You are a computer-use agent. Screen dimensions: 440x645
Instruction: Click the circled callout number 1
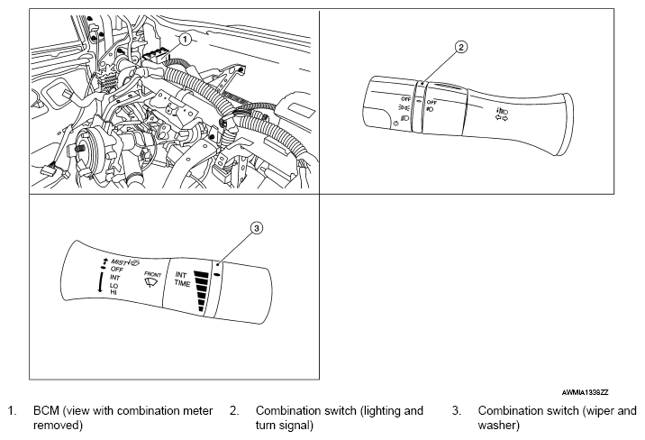click(x=184, y=40)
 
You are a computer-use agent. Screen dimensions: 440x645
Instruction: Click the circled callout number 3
click(x=256, y=229)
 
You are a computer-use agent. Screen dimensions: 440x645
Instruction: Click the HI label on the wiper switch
click(x=114, y=291)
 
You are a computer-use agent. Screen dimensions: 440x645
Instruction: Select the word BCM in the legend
click(x=44, y=410)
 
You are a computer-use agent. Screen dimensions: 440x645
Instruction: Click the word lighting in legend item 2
click(x=377, y=410)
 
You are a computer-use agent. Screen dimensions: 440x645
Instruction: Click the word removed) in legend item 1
click(x=56, y=424)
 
